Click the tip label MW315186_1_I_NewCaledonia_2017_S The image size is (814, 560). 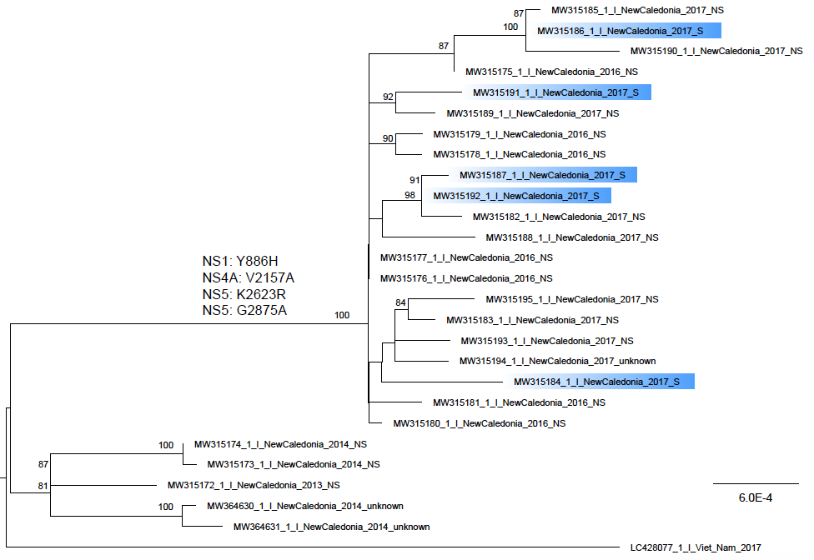tap(621, 31)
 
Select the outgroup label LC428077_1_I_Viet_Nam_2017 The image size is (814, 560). tap(696, 547)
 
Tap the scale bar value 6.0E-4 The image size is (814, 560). tap(756, 497)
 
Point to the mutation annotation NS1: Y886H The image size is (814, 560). tap(240, 261)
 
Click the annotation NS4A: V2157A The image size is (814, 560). tap(249, 277)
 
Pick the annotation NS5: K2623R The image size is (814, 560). tap(244, 294)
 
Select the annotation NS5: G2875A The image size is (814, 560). tap(244, 310)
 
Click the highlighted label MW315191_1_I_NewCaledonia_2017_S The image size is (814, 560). tap(556, 92)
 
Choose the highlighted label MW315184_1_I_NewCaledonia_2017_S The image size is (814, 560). tap(596, 382)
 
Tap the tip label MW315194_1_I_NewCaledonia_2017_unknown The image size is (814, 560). tap(558, 361)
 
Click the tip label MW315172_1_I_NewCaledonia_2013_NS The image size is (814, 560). tap(254, 485)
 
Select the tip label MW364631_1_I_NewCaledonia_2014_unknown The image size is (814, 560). tap(332, 527)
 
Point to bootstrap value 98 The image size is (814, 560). tap(410, 196)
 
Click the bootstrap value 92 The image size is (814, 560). tap(388, 97)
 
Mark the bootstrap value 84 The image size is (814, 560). tap(400, 302)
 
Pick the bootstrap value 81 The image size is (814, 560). tap(43, 487)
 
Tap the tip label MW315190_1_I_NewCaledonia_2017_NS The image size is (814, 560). tap(716, 51)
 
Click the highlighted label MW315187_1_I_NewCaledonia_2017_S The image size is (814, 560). tap(542, 175)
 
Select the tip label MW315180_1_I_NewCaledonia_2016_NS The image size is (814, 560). tap(480, 423)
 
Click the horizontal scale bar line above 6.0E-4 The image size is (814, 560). tap(756, 484)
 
